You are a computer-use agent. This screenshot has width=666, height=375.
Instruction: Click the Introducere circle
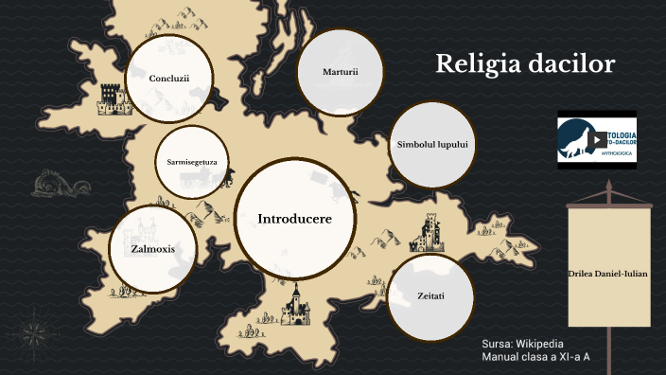coord(294,218)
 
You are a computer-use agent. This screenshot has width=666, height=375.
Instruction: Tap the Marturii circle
coord(340,72)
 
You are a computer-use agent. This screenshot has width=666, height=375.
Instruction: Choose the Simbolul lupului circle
coord(432,144)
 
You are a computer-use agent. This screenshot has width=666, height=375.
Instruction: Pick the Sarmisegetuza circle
coord(192,162)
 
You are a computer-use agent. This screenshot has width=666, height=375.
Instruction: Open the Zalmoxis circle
coord(153,250)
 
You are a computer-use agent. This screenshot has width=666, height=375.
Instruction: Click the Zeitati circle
coord(430,296)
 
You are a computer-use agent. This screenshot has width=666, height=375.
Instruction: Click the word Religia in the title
coord(480,64)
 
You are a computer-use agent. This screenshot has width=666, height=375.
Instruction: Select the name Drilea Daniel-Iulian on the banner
coord(608,272)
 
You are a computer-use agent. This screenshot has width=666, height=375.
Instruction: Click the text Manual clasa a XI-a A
coord(535,358)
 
